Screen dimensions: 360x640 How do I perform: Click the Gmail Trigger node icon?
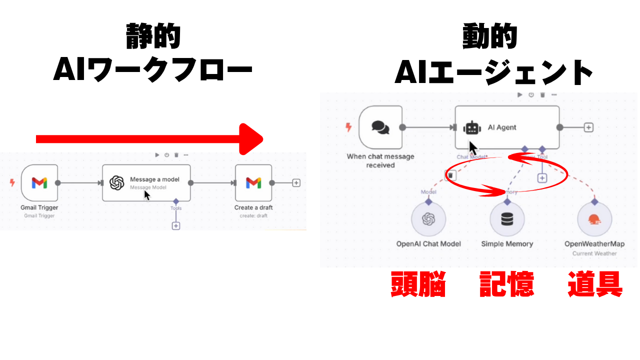[39, 182]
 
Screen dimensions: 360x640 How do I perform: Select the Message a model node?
[146, 182]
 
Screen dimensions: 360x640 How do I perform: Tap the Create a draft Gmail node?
[253, 182]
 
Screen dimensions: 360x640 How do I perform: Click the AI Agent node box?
[507, 127]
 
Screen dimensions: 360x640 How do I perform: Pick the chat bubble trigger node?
[380, 127]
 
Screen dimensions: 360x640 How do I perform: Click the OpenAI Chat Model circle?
[428, 219]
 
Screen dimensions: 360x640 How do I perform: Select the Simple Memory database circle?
[507, 219]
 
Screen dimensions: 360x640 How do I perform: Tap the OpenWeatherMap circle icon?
[594, 219]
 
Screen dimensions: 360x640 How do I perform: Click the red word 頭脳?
[418, 284]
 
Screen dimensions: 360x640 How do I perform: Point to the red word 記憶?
[506, 284]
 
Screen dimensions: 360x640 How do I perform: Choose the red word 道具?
[595, 284]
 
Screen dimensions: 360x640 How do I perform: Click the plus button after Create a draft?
[296, 183]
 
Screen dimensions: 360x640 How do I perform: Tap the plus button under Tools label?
[175, 226]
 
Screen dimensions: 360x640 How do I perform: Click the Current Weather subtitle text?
[594, 253]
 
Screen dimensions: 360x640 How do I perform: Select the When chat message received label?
[380, 160]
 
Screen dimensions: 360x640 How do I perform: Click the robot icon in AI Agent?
[472, 127]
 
